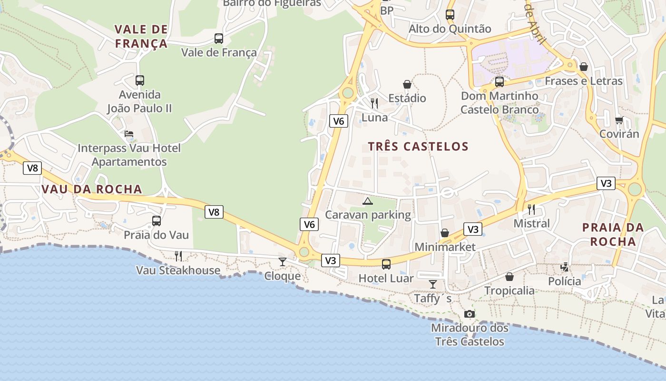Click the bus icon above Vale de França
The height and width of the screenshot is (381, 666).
pos(219,39)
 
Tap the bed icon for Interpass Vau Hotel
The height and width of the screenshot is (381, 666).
pos(129,134)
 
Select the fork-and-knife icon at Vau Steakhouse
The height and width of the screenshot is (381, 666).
pos(178,256)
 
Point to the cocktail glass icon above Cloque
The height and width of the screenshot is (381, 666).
pos(283,261)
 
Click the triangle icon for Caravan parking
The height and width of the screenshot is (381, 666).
pos(368,201)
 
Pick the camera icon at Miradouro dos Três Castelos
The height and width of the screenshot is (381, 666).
pos(470,314)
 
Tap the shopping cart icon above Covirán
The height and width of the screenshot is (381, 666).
pos(619,120)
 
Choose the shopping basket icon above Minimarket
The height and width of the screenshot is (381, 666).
pos(445,233)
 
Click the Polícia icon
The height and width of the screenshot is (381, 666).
pos(565,267)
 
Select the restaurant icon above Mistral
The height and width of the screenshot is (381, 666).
pos(531,209)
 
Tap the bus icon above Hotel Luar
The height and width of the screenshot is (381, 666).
pos(386,264)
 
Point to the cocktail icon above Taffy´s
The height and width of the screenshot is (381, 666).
pos(433,284)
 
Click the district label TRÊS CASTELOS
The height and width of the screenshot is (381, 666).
pos(419,147)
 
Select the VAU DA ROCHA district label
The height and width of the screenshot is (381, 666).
pos(92,189)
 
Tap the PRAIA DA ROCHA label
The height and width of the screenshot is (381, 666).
pos(613,234)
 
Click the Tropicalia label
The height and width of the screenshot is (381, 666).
pos(509,291)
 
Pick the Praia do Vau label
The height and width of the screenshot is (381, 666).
pos(157,235)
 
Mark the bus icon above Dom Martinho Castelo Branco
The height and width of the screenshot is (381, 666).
pos(499,82)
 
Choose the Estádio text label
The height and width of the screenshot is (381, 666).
pos(407,99)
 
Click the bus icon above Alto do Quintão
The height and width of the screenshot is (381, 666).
pos(450,15)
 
